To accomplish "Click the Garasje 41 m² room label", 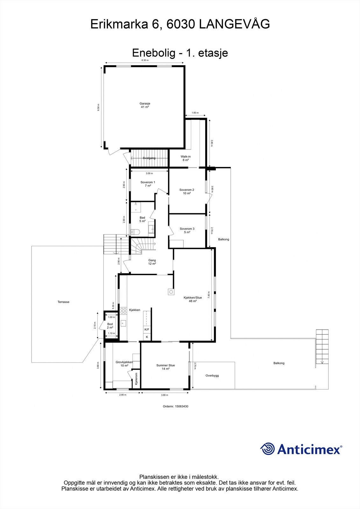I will (x=145, y=105).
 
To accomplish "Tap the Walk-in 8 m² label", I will (x=186, y=158).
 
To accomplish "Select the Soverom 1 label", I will (x=148, y=184).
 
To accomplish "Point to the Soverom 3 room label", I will (x=187, y=230).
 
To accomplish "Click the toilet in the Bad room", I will (x=133, y=232).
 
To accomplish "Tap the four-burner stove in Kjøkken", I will (x=124, y=311).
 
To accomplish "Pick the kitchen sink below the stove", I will (x=123, y=323).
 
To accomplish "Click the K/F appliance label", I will (x=147, y=330).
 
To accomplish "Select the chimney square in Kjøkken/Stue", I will (x=171, y=291).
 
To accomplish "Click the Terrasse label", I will (x=63, y=302).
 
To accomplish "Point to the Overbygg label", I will (x=212, y=375).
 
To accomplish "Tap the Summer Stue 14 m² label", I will (x=166, y=367).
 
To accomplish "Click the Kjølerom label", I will (x=136, y=379).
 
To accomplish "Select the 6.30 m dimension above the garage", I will (x=145, y=60).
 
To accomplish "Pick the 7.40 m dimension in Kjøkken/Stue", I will (x=209, y=295).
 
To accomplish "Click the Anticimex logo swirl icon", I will (x=267, y=449).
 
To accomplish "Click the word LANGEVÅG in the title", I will (x=235, y=24).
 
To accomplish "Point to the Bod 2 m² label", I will (x=110, y=326).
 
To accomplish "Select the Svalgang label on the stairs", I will (x=149, y=158).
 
